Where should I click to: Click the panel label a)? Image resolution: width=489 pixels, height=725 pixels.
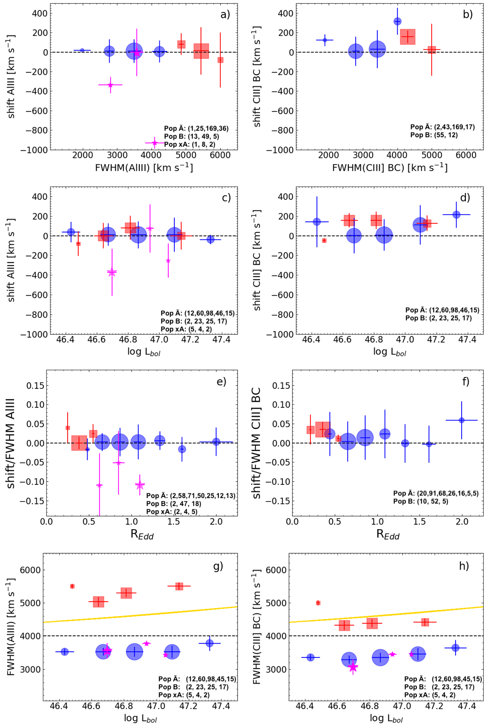(x=225, y=15)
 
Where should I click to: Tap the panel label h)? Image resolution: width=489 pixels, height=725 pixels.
(x=464, y=566)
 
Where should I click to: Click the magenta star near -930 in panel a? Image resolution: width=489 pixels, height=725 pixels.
(x=154, y=143)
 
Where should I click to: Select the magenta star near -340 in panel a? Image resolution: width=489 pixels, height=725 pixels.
(x=110, y=85)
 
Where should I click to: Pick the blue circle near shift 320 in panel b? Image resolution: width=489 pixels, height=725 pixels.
(x=397, y=21)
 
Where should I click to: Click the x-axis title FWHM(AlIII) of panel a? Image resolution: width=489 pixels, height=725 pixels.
(x=144, y=167)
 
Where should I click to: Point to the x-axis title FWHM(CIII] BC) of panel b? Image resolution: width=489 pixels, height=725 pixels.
(x=390, y=167)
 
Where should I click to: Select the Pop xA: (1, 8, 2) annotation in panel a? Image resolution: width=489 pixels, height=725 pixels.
(x=189, y=145)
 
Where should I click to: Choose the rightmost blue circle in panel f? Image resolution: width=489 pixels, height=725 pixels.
(x=461, y=420)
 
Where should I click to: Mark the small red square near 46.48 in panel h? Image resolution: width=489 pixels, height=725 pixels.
(x=318, y=603)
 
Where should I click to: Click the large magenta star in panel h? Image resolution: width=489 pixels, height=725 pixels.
(x=353, y=667)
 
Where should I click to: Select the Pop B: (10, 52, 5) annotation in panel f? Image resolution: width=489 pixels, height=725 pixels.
(x=421, y=502)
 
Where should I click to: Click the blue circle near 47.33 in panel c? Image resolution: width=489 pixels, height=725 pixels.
(x=210, y=240)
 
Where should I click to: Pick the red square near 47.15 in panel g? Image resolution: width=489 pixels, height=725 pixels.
(x=179, y=586)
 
